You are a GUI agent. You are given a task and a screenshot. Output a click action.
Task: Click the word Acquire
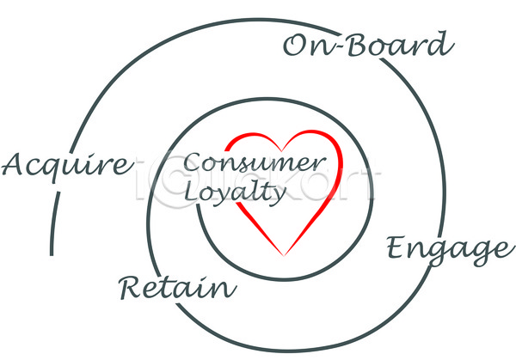67,165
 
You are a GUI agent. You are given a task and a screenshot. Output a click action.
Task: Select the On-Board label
367,46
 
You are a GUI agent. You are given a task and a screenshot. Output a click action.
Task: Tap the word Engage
445,250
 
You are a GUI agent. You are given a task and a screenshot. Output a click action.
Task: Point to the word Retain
177,288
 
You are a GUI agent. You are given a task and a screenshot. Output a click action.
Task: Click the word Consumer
255,163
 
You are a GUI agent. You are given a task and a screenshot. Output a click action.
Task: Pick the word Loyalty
235,193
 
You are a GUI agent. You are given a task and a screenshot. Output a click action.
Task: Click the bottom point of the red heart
285,254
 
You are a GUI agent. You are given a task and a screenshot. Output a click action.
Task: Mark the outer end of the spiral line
52,254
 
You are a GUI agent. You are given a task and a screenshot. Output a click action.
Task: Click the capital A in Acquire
15,163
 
